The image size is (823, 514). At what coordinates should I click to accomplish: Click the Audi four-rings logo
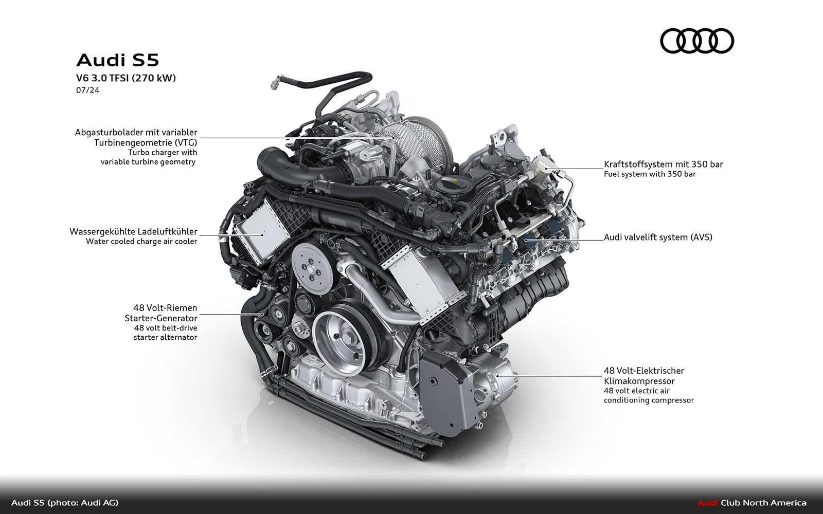697,41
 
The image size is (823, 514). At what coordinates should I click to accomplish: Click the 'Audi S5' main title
118,60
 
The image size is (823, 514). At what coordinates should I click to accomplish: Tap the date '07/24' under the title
87,90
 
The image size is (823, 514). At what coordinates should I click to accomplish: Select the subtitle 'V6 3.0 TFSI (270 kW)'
126,78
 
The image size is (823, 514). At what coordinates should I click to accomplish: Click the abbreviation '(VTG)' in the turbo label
185,143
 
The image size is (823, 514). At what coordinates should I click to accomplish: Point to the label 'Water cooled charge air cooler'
141,242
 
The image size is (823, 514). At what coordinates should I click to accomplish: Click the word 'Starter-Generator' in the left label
161,318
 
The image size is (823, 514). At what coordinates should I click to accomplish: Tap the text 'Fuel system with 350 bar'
650,174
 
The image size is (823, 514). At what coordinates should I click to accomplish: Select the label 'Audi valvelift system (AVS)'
658,237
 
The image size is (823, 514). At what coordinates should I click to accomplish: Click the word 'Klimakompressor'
639,381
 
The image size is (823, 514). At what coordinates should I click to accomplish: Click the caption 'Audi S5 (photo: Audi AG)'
65,503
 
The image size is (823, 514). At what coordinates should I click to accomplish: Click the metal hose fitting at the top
276,82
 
